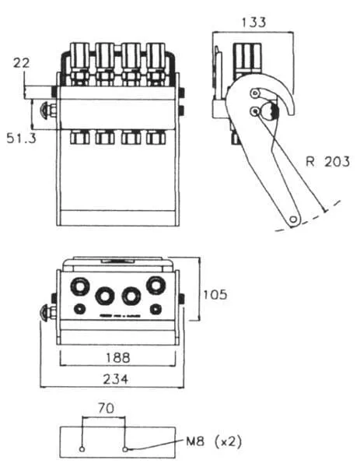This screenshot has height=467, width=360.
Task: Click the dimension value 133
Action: pyautogui.click(x=253, y=23)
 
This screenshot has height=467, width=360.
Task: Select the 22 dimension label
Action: pyautogui.click(x=22, y=63)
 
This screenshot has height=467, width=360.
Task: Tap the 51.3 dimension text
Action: pyautogui.click(x=22, y=139)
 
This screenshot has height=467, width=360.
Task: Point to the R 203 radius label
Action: pyautogui.click(x=328, y=161)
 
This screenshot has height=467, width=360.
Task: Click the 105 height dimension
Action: pyautogui.click(x=215, y=294)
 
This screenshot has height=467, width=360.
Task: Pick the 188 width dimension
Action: pyautogui.click(x=118, y=357)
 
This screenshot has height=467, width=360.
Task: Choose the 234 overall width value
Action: pyautogui.click(x=116, y=380)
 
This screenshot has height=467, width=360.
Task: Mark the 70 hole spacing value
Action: pyautogui.click(x=106, y=408)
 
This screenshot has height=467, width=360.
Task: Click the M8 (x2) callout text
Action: pyautogui.click(x=214, y=441)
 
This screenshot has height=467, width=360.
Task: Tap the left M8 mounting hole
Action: pyautogui.click(x=82, y=449)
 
